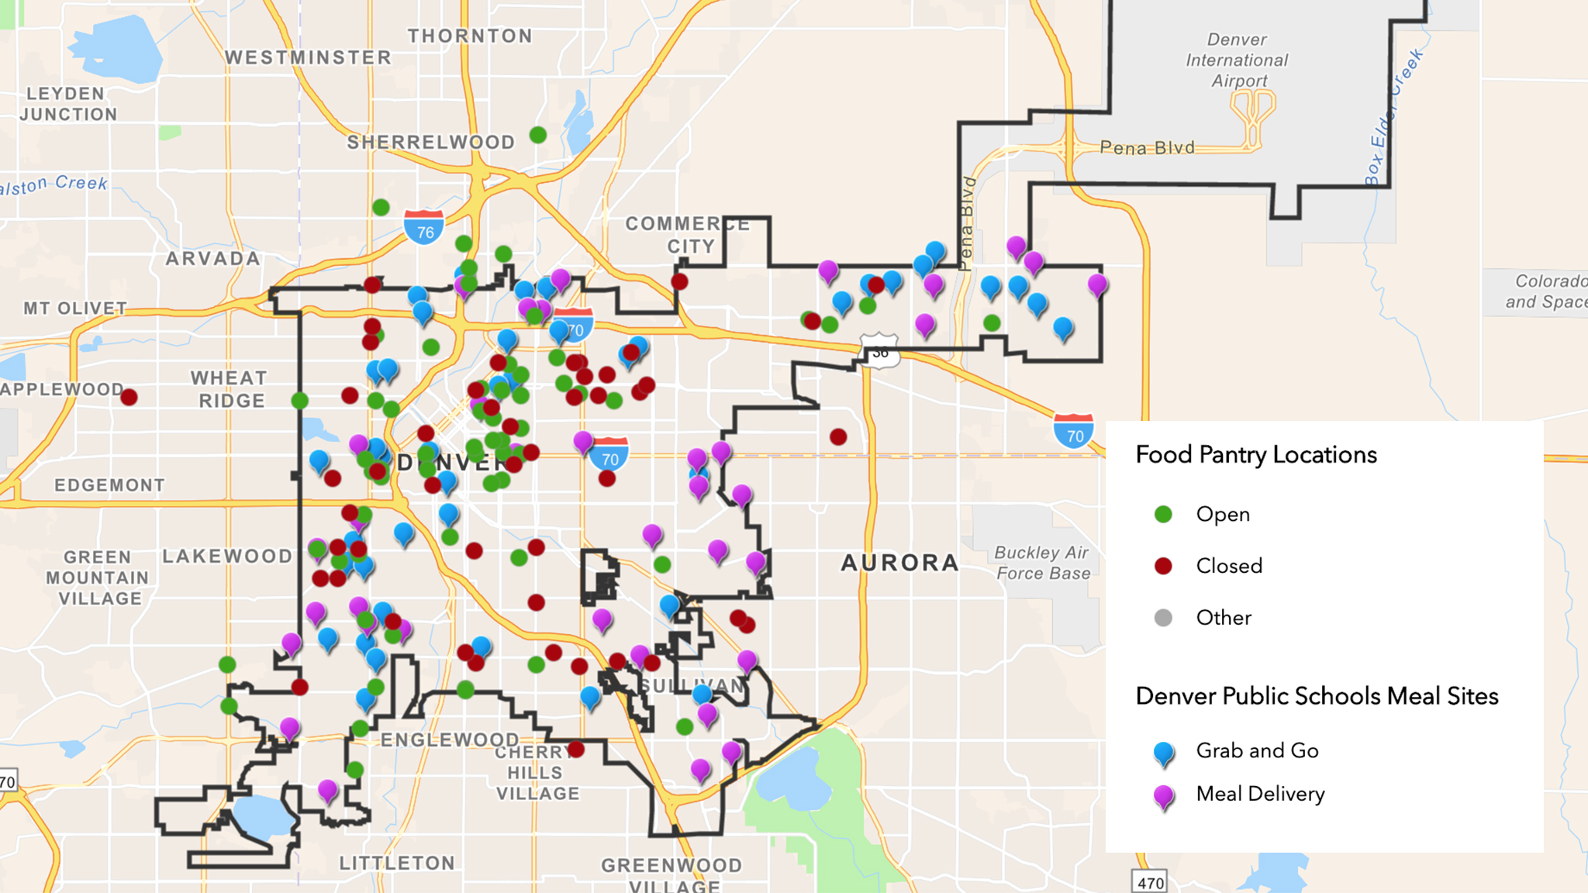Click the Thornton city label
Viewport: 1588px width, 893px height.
tap(470, 36)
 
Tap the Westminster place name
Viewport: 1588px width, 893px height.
tap(308, 58)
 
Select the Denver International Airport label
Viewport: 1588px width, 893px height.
tap(1237, 60)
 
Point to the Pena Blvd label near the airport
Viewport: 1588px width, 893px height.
tap(1148, 148)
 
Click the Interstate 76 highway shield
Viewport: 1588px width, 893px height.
tap(424, 229)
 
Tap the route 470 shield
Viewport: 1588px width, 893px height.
tap(1150, 882)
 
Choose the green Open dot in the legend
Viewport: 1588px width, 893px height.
tap(1163, 515)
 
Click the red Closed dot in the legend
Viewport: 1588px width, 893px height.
tap(1163, 566)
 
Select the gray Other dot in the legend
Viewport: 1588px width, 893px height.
tap(1163, 618)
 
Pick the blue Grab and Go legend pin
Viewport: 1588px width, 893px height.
tap(1164, 752)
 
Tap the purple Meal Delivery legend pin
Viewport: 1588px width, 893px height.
tap(1164, 795)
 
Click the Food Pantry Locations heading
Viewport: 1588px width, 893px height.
tap(1256, 455)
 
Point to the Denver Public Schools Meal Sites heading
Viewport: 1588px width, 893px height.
tap(1317, 696)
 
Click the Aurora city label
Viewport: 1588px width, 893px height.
tap(900, 563)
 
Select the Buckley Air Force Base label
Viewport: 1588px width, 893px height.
tap(1042, 564)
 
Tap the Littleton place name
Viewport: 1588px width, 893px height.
tap(397, 864)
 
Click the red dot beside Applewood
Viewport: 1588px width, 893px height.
tap(129, 398)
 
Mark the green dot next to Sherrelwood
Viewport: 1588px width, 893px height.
tap(538, 135)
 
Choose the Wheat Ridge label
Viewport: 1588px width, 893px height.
tap(230, 390)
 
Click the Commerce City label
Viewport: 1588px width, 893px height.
tap(687, 235)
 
